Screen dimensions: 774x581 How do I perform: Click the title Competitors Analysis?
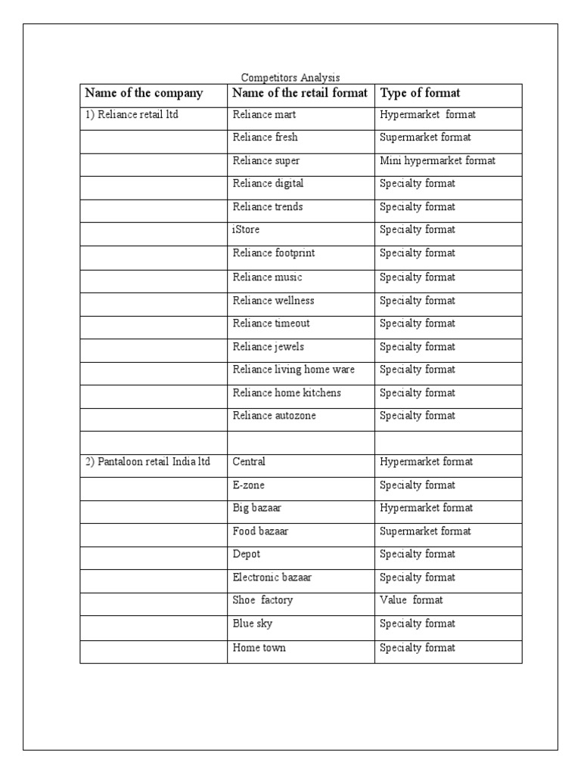(290, 77)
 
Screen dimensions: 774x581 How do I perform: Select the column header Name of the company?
(144, 93)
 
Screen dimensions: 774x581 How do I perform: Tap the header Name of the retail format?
(300, 93)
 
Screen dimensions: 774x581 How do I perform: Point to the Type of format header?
(420, 93)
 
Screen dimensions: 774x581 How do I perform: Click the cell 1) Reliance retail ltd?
(131, 115)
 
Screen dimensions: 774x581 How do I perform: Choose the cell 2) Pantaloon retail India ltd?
(147, 461)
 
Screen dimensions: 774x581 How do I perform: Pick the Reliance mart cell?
(264, 115)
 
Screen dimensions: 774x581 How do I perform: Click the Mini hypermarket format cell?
(437, 161)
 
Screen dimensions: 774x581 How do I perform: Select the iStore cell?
(246, 230)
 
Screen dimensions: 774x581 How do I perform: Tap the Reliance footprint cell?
(273, 253)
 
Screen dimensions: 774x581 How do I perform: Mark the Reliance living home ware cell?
(294, 370)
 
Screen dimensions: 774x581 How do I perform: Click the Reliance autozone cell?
(274, 416)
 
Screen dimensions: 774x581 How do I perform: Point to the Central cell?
(249, 461)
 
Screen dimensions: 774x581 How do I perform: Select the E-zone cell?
(248, 485)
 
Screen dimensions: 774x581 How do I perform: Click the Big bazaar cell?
(257, 508)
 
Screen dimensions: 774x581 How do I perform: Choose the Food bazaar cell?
(260, 531)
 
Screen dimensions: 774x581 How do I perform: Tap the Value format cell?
(411, 600)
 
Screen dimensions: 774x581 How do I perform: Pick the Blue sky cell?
(253, 624)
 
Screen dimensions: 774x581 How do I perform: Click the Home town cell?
(259, 648)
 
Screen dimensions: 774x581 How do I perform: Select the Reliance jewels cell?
(269, 347)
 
